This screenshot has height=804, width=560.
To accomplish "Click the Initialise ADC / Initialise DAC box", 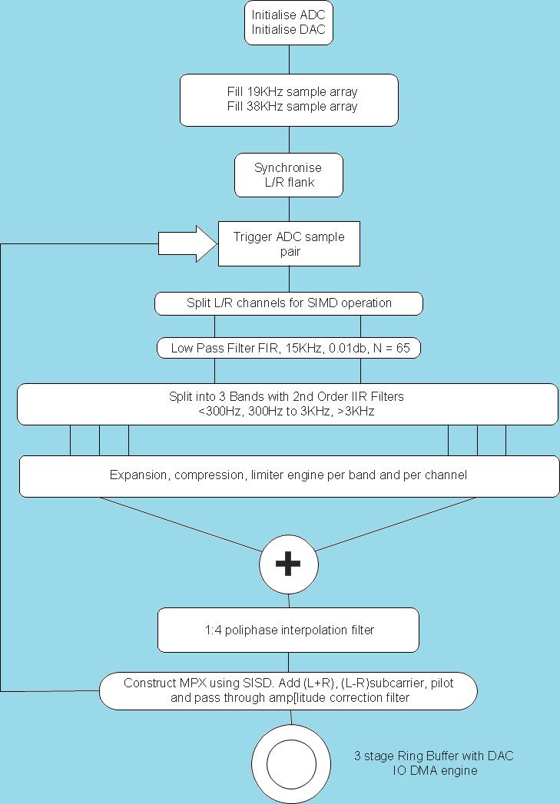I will [x=289, y=23].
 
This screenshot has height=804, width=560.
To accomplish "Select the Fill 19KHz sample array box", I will [x=289, y=99].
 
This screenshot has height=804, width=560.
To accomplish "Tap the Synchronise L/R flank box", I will [x=288, y=175].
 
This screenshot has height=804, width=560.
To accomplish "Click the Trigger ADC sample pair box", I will [x=289, y=244].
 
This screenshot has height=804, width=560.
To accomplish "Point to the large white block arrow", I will [x=187, y=244].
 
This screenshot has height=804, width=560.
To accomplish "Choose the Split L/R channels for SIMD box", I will [x=289, y=303].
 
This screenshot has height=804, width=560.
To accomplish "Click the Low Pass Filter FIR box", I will [x=289, y=349].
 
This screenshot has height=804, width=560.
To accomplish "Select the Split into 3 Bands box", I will [x=287, y=404].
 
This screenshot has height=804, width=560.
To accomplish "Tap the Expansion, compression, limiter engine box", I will [x=289, y=475].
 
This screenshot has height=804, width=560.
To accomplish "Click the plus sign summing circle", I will [x=289, y=564].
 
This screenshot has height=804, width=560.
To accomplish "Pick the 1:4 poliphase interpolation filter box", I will [x=289, y=630].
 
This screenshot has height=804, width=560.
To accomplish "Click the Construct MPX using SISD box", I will [x=288, y=690].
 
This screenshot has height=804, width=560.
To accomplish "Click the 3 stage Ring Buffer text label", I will [x=433, y=763].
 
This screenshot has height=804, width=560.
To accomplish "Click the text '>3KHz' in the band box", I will [x=356, y=412].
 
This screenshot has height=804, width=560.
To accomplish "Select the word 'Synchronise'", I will [x=288, y=167].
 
